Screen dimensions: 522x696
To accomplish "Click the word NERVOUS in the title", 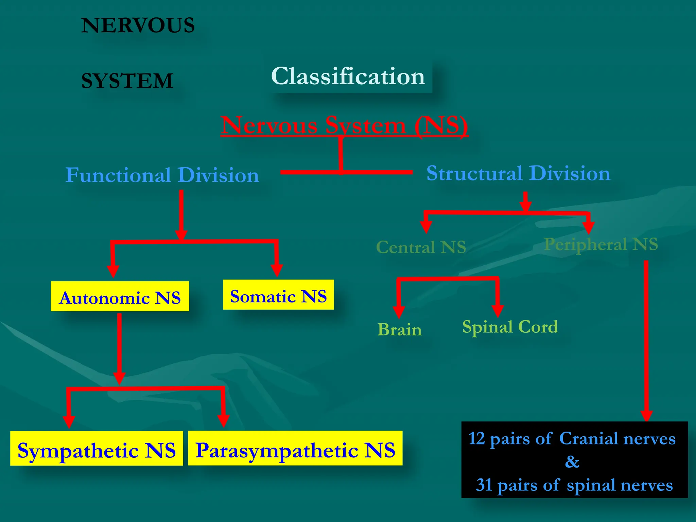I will click(x=138, y=25).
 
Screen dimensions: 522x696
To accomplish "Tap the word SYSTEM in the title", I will click(x=127, y=81).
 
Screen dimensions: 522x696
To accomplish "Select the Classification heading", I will click(x=348, y=76).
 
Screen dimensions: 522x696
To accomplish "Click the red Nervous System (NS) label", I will click(x=344, y=125).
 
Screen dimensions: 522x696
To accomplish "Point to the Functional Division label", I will click(x=162, y=175).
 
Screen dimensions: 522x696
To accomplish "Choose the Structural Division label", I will click(x=518, y=173).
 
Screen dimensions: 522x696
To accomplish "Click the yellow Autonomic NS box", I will click(x=120, y=296).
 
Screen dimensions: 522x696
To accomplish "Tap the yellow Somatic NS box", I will click(x=278, y=295).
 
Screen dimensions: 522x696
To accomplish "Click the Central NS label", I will click(x=421, y=247).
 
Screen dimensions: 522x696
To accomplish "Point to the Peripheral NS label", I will click(x=601, y=244).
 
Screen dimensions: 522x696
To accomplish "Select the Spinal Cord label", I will click(x=510, y=327).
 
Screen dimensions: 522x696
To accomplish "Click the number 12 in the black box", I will click(x=476, y=438).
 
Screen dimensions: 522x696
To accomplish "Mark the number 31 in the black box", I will click(x=484, y=485).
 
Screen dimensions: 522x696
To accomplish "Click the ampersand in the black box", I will click(x=572, y=462).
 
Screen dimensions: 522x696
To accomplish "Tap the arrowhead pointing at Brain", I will click(x=399, y=311).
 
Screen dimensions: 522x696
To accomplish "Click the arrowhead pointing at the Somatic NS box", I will click(x=277, y=270).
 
